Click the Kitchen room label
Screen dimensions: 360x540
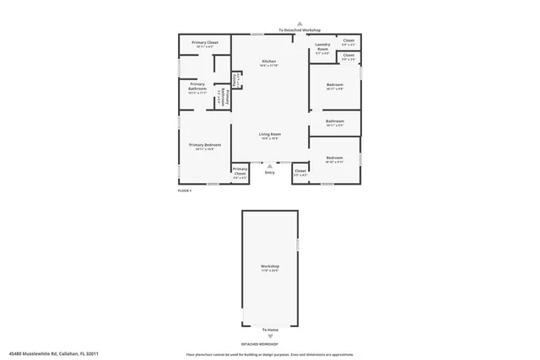pyautogui.click(x=269, y=62)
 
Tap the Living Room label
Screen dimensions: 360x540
pyautogui.click(x=269, y=135)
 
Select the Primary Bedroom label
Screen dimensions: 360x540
pyautogui.click(x=205, y=147)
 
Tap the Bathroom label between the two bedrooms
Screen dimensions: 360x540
pyautogui.click(x=334, y=122)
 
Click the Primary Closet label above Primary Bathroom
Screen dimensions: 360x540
pyautogui.click(x=205, y=44)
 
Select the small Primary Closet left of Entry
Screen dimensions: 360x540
pyautogui.click(x=240, y=174)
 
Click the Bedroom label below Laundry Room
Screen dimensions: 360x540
pyautogui.click(x=334, y=86)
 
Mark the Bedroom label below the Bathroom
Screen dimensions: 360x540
pyautogui.click(x=334, y=159)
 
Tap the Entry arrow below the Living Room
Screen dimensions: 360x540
pyautogui.click(x=270, y=166)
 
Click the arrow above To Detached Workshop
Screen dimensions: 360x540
pyautogui.click(x=300, y=24)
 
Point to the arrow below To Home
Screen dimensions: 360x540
pyautogui.click(x=270, y=336)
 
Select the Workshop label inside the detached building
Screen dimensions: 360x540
pyautogui.click(x=270, y=267)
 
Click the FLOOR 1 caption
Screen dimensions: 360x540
pyautogui.click(x=185, y=191)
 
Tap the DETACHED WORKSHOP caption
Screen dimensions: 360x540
pyautogui.click(x=260, y=344)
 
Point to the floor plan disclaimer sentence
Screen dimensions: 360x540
pyautogui.click(x=270, y=355)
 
